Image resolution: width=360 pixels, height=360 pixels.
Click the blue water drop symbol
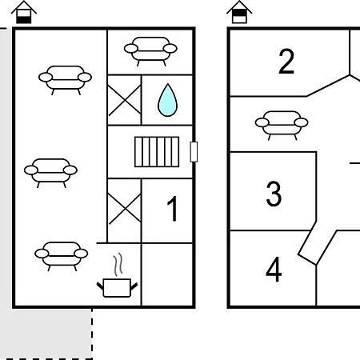pyautogui.click(x=167, y=100)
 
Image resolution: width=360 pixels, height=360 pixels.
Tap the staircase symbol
pyautogui.click(x=157, y=152)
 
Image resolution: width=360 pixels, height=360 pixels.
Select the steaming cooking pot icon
pyautogui.click(x=117, y=275)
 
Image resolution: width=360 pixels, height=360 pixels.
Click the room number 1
pyautogui.click(x=173, y=209)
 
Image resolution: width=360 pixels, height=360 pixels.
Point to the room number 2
pyautogui.click(x=286, y=62)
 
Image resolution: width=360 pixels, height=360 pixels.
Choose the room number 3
pyautogui.click(x=274, y=194)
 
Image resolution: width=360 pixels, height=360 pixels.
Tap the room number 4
pyautogui.click(x=274, y=270)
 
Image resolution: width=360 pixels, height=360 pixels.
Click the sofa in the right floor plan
pyautogui.click(x=282, y=126)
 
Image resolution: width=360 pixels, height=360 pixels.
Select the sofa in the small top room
pyautogui.click(x=150, y=51)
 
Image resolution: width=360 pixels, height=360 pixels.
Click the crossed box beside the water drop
pyautogui.click(x=124, y=100)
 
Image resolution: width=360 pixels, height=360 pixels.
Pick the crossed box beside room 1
pyautogui.click(x=124, y=210)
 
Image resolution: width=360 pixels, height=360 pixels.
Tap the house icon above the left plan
pyautogui.click(x=24, y=12)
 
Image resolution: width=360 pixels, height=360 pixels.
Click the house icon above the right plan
pyautogui.click(x=239, y=12)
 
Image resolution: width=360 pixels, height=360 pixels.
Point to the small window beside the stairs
pyautogui.click(x=194, y=152)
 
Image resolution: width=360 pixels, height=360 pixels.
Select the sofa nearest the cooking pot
pyautogui.click(x=62, y=256)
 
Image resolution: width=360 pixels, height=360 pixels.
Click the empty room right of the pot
pyautogui.click(x=167, y=274)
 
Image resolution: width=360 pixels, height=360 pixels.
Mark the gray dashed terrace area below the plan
pyautogui.click(x=46, y=334)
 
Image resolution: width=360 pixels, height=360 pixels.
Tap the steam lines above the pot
pyautogui.click(x=118, y=264)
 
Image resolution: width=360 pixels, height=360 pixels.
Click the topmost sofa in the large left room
pyautogui.click(x=65, y=80)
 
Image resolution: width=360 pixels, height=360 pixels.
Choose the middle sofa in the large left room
pyautogui.click(x=50, y=173)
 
